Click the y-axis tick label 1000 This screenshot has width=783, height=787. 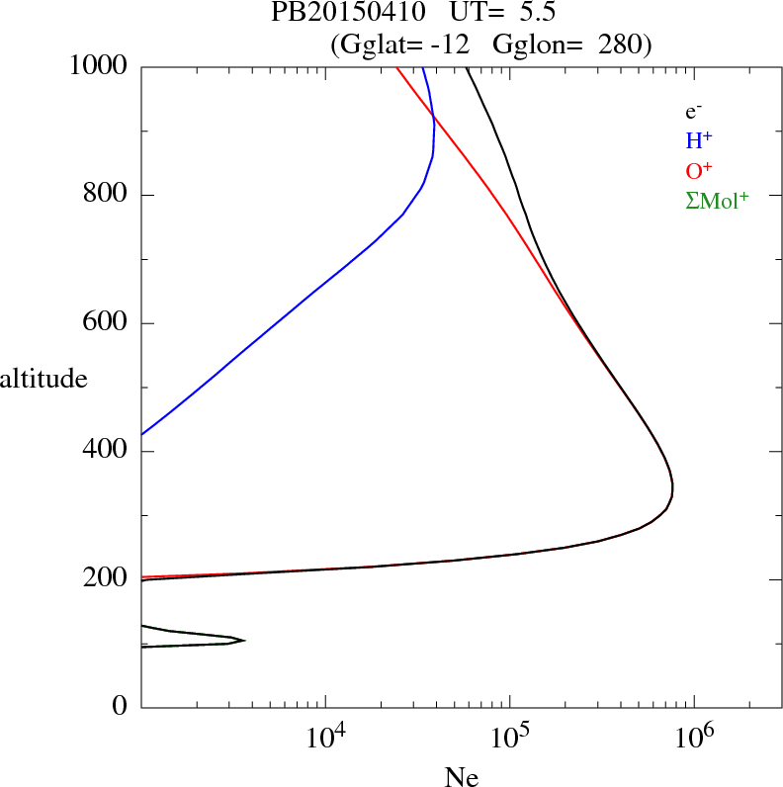point(98,66)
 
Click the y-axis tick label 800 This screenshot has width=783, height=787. point(107,195)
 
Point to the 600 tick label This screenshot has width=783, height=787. point(107,323)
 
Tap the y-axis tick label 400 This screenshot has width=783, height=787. point(107,452)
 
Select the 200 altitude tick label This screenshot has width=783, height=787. point(107,579)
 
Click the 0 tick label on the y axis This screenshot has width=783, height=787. point(121,707)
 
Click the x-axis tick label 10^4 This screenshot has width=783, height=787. point(325,736)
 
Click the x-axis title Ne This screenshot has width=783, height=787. point(461,777)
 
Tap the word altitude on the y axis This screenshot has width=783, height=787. point(43,379)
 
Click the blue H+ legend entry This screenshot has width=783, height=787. point(699,141)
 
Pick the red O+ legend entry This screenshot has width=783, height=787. point(699,171)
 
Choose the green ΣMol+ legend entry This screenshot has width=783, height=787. point(717,200)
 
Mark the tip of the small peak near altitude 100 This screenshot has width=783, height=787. point(244,641)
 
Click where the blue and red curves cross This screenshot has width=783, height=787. point(433,120)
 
